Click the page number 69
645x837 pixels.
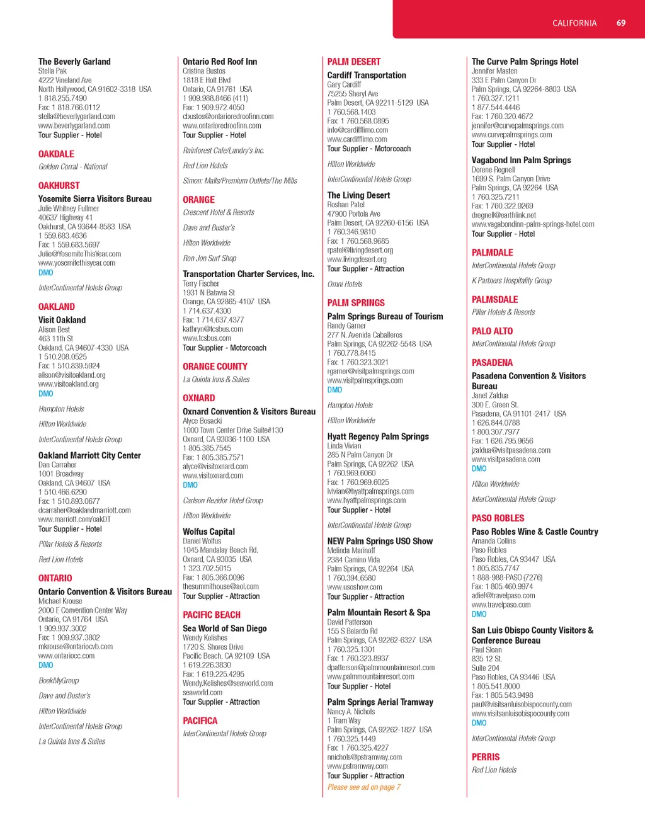point(620,23)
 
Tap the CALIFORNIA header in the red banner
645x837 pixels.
point(574,23)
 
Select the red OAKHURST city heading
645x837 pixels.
point(59,186)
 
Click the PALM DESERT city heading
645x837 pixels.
point(354,62)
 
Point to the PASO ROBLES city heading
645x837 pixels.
point(498,518)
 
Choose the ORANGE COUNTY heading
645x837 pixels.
point(215,367)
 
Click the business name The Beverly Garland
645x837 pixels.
point(74,62)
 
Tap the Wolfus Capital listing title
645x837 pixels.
point(208,532)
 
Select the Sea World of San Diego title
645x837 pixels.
point(224,629)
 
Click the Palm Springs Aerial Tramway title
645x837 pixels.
point(380,702)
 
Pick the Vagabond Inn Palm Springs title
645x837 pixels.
point(521,161)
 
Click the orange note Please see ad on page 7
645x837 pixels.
point(363,787)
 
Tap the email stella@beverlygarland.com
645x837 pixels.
point(76,117)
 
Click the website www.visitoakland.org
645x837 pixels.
point(68,384)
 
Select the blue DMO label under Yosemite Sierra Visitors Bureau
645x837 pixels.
point(45,273)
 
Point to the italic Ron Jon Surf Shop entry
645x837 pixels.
point(209,258)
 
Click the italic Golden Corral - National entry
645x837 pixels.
point(72,167)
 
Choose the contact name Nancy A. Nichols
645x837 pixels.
point(351,712)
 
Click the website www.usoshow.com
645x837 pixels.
point(354,587)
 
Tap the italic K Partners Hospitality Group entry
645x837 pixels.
point(511,281)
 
